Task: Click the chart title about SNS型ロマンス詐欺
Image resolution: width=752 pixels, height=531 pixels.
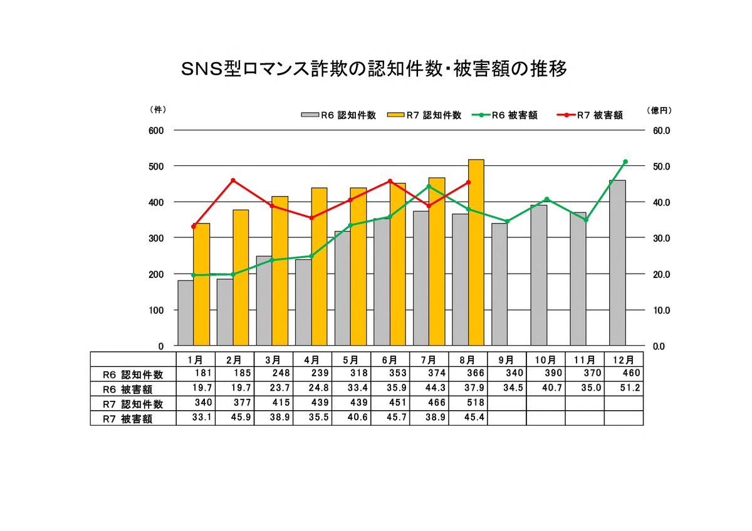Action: coord(374,69)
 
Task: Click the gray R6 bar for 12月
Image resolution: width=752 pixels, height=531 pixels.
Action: coord(617,263)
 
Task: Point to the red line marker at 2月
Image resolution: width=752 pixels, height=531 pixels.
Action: coord(233,180)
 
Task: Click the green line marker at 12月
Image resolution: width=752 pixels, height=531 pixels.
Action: coord(625,162)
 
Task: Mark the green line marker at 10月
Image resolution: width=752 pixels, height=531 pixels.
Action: coord(546,199)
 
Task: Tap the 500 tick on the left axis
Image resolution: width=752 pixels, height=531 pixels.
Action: coord(156,167)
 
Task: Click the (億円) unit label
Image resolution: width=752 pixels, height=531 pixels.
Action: coord(659,110)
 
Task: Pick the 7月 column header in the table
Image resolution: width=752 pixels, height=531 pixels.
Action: coord(429,360)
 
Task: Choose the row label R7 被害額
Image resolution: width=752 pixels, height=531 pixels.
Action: coord(128,419)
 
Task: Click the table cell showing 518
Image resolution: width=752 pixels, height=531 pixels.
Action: coord(467,404)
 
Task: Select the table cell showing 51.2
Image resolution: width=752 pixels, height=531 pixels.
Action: coord(624,389)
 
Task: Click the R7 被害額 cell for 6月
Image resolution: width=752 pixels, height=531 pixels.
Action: coord(390,418)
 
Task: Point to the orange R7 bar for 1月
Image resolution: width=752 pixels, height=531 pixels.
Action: coord(202,284)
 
